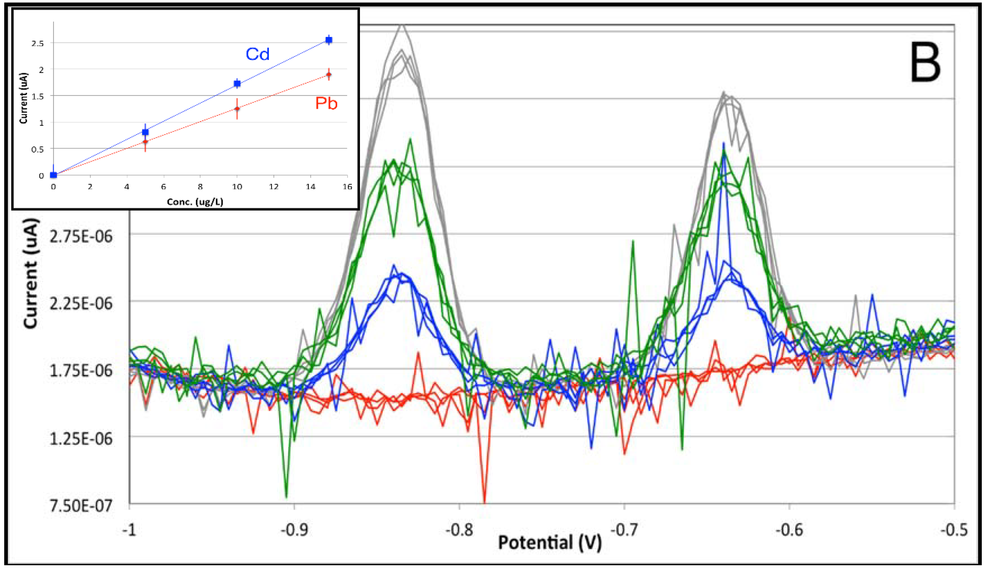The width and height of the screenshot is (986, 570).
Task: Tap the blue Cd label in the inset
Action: pyautogui.click(x=257, y=54)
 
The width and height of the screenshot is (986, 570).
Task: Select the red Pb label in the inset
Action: pyautogui.click(x=326, y=103)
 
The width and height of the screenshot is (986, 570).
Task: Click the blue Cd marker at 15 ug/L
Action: pyautogui.click(x=329, y=40)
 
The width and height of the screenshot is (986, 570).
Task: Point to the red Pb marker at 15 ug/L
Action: pyautogui.click(x=329, y=74)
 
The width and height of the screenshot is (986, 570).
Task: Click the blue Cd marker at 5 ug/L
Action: pyautogui.click(x=145, y=132)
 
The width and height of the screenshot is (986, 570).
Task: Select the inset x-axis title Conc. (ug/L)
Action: pyautogui.click(x=195, y=202)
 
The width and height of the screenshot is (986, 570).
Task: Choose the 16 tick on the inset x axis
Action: pyautogui.click(x=347, y=187)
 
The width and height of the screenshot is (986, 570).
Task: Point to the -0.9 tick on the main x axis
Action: pyautogui.click(x=294, y=530)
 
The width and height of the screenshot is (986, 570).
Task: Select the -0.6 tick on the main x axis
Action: pyautogui.click(x=789, y=530)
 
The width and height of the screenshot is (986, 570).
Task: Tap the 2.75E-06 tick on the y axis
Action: pyautogui.click(x=81, y=236)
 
